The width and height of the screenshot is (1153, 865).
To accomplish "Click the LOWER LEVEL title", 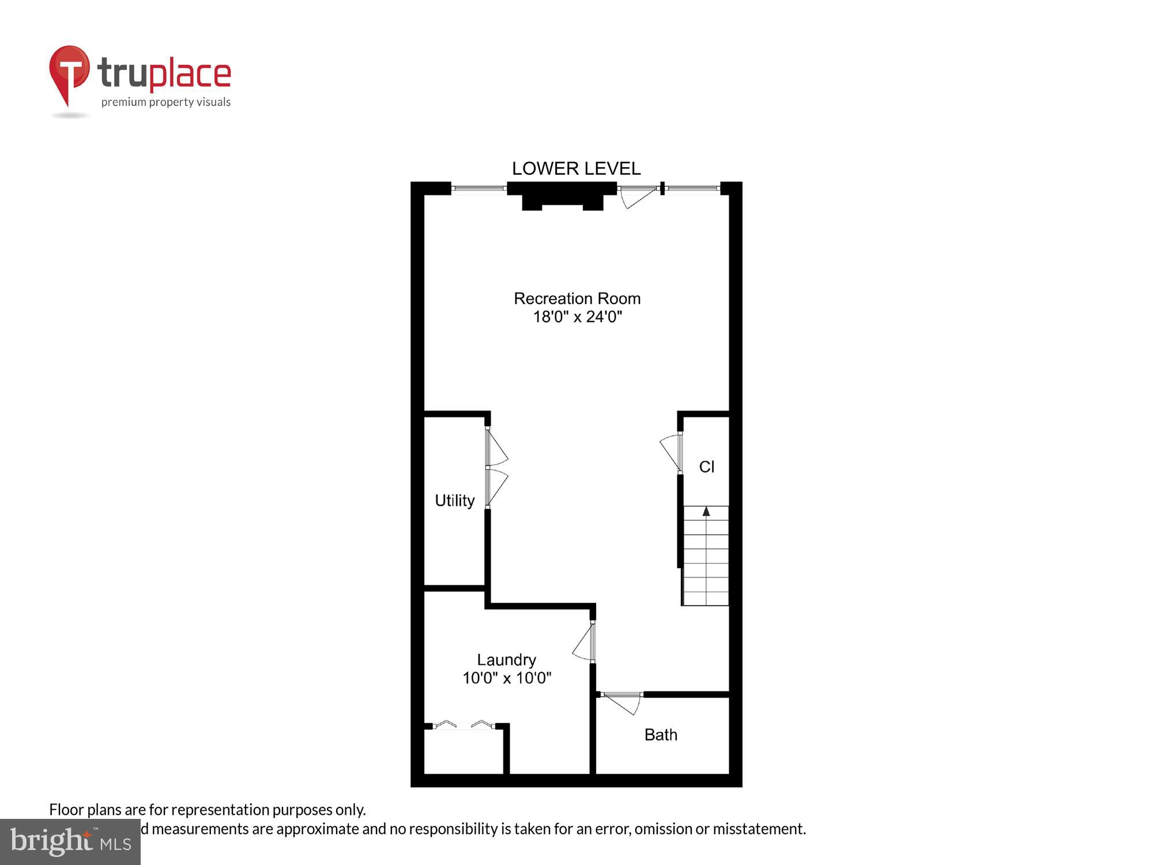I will [x=576, y=168].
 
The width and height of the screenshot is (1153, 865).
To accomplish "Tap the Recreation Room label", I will [x=577, y=299].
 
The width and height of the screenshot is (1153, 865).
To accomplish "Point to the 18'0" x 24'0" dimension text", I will [x=577, y=317].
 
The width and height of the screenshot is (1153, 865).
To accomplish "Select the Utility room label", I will [x=454, y=501].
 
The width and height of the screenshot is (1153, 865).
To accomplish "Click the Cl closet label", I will [x=707, y=467].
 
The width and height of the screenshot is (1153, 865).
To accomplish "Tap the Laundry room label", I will [x=506, y=660].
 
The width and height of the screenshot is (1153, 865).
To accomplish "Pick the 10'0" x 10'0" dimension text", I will [x=507, y=678].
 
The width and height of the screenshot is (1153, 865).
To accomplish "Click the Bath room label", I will [x=661, y=735].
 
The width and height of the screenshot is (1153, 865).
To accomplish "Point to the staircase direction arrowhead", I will [x=706, y=511].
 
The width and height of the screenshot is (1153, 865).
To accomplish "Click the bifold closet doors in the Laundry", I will [x=464, y=724].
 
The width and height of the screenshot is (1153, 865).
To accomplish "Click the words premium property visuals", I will [x=166, y=103].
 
